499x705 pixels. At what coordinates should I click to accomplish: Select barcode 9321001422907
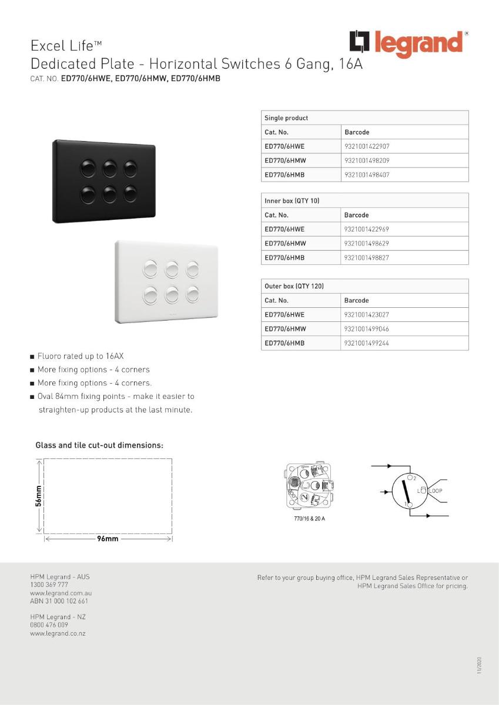coord(367,146)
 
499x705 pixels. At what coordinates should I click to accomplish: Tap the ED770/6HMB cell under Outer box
coord(284,343)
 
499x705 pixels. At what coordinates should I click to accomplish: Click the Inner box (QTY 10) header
coord(292,201)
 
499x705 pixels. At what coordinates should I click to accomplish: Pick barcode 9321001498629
coord(367,243)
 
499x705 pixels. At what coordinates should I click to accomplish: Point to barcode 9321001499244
coord(367,343)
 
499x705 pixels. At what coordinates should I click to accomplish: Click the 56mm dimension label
coord(38,495)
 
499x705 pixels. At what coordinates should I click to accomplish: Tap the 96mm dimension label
coord(108,539)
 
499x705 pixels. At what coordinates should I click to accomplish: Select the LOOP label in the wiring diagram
coord(436,491)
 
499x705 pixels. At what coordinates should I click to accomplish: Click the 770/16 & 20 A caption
coord(309,519)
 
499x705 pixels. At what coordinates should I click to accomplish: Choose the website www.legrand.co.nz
coord(58,633)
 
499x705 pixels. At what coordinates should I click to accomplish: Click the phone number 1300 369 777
coord(49,585)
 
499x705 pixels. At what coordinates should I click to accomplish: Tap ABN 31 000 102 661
coord(59,601)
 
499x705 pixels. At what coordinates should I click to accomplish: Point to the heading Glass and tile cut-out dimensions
coord(99,445)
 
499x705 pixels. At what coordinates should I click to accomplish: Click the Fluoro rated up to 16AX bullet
coord(81,356)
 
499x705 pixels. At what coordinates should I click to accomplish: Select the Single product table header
coord(286,118)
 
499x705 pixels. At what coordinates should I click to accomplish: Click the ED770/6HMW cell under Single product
coord(285,160)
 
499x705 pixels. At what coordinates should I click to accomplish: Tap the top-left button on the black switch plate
coord(88,168)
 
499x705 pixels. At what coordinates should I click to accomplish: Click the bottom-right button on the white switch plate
coord(193,293)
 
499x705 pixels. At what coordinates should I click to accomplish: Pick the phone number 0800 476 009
coord(49,625)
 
